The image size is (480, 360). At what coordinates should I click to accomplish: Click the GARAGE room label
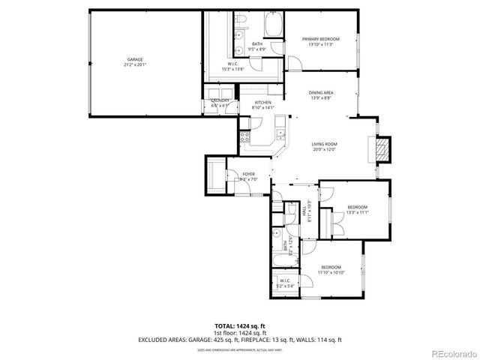pyautogui.click(x=135, y=59)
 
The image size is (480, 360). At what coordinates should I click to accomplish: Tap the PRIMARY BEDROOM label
pyautogui.click(x=320, y=39)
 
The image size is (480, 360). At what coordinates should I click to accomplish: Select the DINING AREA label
pyautogui.click(x=322, y=93)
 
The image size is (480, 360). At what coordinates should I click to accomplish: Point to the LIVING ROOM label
pyautogui.click(x=324, y=144)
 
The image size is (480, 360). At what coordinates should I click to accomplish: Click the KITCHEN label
pyautogui.click(x=262, y=103)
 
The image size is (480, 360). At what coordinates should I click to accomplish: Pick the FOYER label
pyautogui.click(x=248, y=174)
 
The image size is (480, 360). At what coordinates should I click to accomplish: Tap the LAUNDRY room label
pyautogui.click(x=220, y=100)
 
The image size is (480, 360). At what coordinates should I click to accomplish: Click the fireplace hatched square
pyautogui.click(x=383, y=148)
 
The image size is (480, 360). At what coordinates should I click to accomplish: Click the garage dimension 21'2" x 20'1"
pyautogui.click(x=135, y=64)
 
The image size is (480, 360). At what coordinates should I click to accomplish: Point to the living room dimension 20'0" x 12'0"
pyautogui.click(x=324, y=149)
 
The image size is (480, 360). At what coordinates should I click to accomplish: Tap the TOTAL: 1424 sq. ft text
pyautogui.click(x=240, y=325)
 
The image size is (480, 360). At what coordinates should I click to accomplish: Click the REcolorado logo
pyautogui.click(x=452, y=353)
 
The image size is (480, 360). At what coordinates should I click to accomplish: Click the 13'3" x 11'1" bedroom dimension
pyautogui.click(x=357, y=212)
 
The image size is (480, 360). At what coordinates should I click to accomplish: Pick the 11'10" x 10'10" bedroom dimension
pyautogui.click(x=331, y=273)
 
